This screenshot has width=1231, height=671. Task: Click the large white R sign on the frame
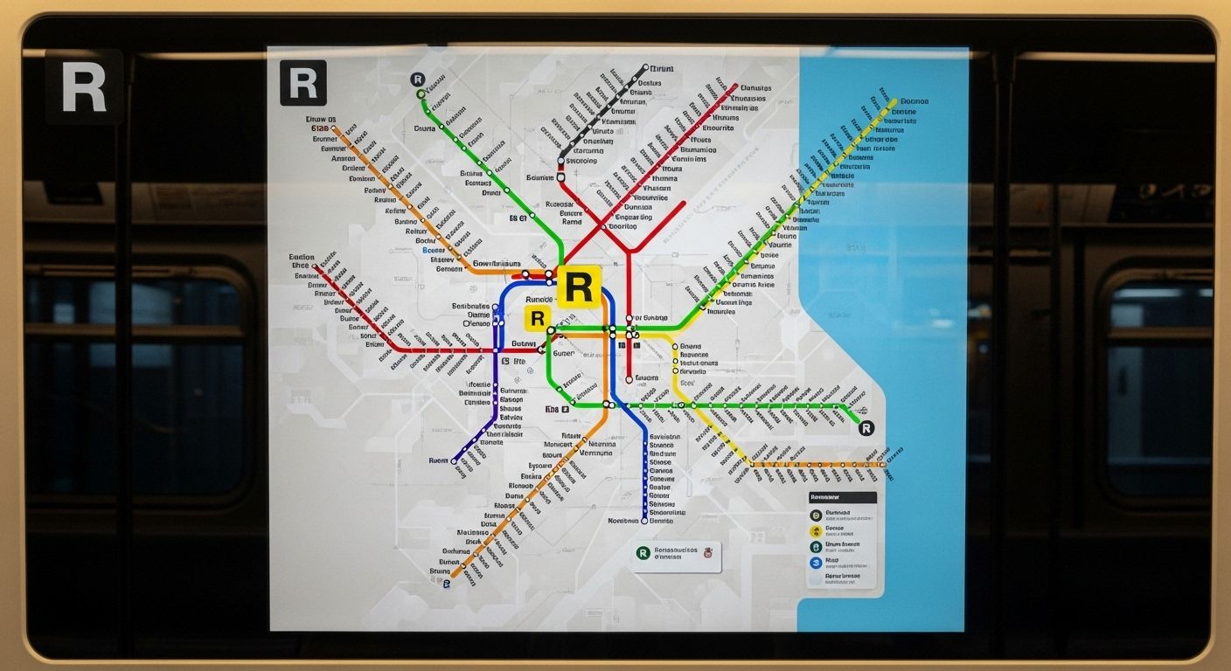pyautogui.click(x=84, y=86)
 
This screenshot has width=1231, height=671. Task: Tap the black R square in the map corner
pyautogui.click(x=303, y=83)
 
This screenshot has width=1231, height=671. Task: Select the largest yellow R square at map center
pyautogui.click(x=579, y=286)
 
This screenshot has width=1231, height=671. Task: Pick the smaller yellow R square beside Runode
pyautogui.click(x=538, y=318)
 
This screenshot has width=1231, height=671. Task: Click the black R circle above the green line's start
pyautogui.click(x=418, y=80)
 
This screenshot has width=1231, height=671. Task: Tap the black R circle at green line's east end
pyautogui.click(x=866, y=427)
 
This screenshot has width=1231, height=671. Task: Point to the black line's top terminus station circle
pyautogui.click(x=646, y=67)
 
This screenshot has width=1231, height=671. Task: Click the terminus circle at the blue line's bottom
pyautogui.click(x=644, y=521)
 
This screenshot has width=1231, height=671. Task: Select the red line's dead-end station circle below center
pyautogui.click(x=629, y=380)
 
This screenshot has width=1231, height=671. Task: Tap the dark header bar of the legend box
pyautogui.click(x=843, y=496)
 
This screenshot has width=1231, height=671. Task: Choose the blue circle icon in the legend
pyautogui.click(x=815, y=562)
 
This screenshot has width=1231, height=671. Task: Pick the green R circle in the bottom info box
pyautogui.click(x=644, y=552)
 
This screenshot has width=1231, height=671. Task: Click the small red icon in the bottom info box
pyautogui.click(x=708, y=551)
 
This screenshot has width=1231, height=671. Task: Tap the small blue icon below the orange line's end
pyautogui.click(x=447, y=583)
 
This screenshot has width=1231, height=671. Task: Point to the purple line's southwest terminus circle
pyautogui.click(x=455, y=461)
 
